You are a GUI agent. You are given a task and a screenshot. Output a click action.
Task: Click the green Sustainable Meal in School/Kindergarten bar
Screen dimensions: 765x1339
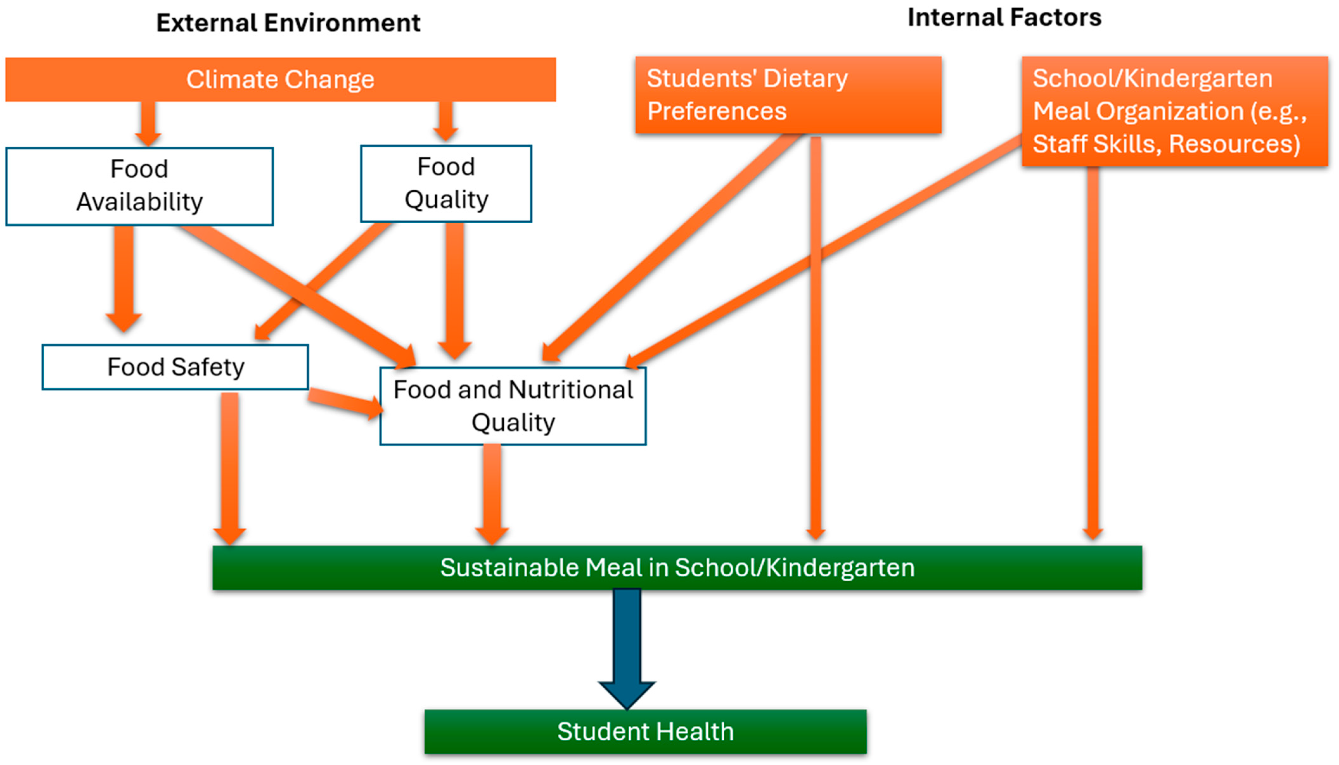[677, 567]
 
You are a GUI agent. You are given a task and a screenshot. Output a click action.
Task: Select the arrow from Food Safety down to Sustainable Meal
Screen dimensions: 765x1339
[230, 468]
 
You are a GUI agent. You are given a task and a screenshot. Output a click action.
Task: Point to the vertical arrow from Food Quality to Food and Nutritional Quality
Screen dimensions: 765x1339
[455, 289]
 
